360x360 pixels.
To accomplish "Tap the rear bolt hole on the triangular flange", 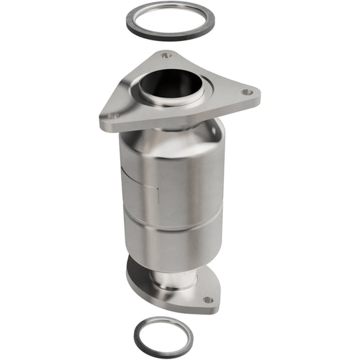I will point(166,54).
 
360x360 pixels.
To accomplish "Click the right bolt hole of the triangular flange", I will point(246,92).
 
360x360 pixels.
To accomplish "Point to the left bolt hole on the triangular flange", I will point(113,113).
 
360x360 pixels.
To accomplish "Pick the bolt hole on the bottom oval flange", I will point(207,300).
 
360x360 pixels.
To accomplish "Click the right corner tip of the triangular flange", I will point(257,94).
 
